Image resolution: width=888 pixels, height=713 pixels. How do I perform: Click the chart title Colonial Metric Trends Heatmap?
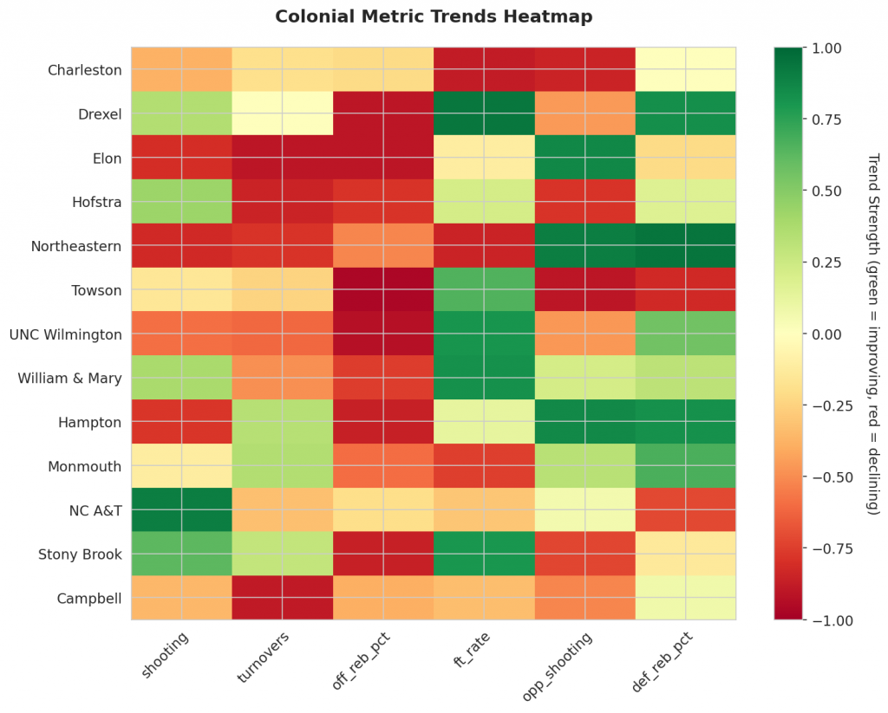point(434,16)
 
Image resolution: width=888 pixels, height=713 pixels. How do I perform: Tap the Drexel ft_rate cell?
point(484,113)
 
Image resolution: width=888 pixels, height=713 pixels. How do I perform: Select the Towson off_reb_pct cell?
point(383,289)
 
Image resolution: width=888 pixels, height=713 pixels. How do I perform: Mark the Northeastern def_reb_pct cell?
point(685,245)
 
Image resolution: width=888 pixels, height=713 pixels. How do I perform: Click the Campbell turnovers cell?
point(282,598)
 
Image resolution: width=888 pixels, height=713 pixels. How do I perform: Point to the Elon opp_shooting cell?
point(584,157)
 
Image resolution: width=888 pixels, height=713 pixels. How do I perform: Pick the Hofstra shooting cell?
point(181,201)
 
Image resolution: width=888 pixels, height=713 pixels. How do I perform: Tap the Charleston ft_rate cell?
point(484,69)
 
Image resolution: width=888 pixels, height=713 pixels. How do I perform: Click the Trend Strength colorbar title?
point(872,334)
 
